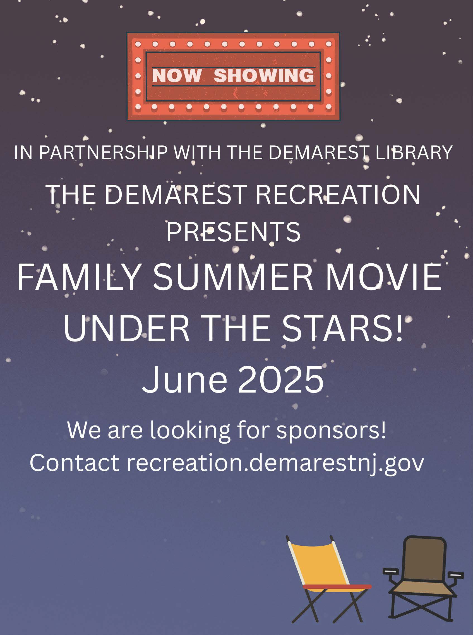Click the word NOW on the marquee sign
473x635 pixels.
pos(176,76)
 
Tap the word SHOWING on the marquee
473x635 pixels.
pos(264,76)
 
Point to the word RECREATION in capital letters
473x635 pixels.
pos(338,194)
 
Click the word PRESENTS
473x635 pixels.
pos(233,232)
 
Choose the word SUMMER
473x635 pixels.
pos(233,277)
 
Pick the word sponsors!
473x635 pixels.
pos(331,430)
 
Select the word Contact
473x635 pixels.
pos(75,463)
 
